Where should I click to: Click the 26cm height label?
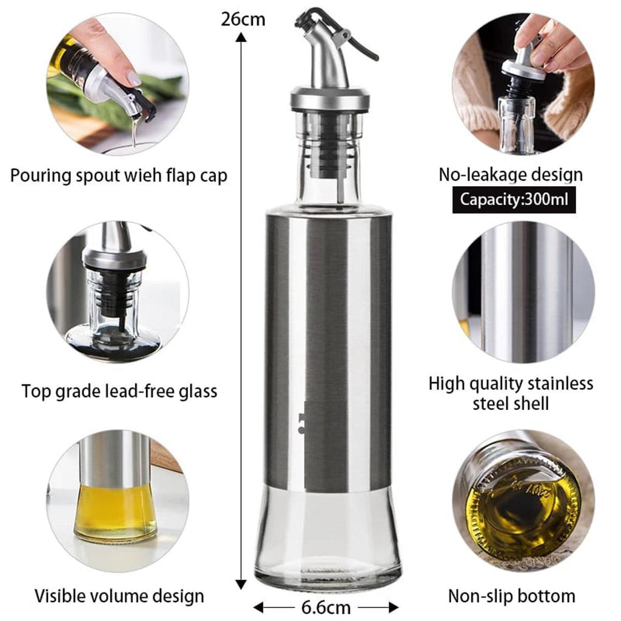[x=243, y=19]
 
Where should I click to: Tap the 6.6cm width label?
[x=326, y=607]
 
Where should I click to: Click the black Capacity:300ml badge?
[x=514, y=199]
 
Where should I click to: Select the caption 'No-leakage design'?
[x=511, y=175]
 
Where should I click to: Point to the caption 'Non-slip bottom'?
[x=511, y=596]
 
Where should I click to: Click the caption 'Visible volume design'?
[x=119, y=596]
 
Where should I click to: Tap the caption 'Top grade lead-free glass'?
[x=119, y=391]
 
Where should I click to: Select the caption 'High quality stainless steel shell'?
[x=511, y=393]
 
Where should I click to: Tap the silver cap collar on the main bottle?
[x=330, y=99]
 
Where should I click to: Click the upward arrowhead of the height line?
[x=242, y=38]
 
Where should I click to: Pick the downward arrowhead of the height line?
[x=242, y=583]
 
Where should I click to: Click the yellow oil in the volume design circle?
[x=115, y=509]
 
